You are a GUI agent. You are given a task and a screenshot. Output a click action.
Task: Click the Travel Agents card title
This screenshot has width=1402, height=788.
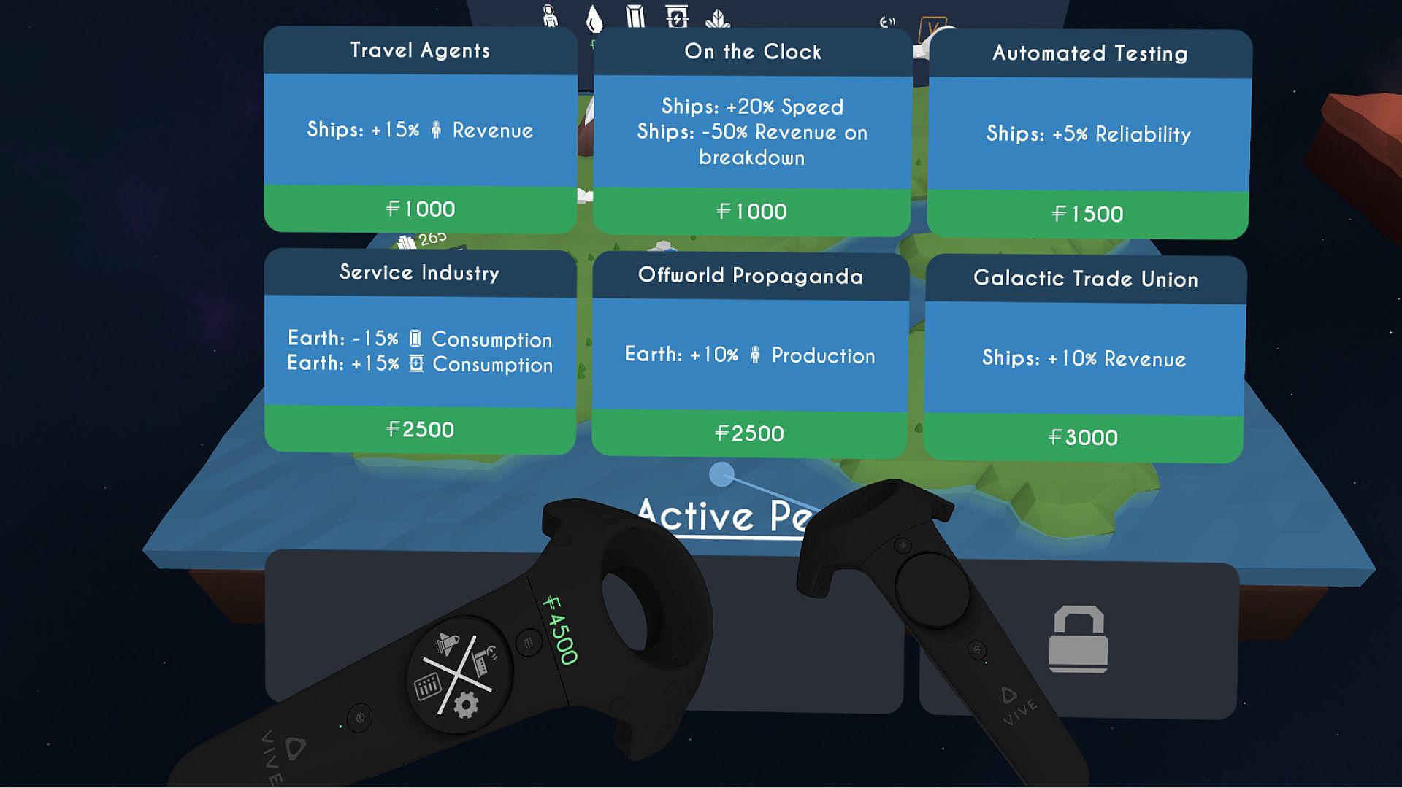(420, 50)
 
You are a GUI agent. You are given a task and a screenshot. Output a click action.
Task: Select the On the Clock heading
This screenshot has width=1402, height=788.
(752, 52)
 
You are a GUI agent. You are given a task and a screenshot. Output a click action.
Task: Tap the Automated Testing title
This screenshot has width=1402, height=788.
(1089, 53)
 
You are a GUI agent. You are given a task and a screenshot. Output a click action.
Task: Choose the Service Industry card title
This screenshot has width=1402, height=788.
(419, 273)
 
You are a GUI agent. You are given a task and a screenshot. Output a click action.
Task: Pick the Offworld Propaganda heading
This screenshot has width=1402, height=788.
(750, 276)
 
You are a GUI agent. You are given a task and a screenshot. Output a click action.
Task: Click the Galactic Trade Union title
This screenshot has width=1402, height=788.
(1085, 279)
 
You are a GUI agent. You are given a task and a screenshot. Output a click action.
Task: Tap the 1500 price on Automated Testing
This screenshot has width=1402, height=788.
(1087, 214)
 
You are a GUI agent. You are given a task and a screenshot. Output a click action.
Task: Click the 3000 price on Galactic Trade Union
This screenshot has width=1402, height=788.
(1083, 437)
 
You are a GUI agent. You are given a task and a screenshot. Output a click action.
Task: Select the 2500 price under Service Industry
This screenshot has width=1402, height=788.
(420, 429)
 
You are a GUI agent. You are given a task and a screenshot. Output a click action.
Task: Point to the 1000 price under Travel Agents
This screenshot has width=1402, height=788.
(421, 209)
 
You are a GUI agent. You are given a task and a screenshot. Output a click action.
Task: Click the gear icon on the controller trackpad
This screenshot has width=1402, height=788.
(466, 705)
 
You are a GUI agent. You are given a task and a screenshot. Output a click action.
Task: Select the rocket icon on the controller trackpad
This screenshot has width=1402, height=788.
(447, 644)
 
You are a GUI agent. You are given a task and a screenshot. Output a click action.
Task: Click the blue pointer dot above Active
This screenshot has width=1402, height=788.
(721, 475)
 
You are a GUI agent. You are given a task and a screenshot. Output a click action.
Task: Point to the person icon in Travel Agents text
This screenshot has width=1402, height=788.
(436, 131)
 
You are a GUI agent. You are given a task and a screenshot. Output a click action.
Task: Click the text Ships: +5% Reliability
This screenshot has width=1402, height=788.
(1088, 134)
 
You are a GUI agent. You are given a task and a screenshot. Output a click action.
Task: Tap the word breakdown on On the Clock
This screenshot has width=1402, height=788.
(751, 158)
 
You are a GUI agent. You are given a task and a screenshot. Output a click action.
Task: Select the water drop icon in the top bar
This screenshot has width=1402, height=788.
(594, 19)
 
